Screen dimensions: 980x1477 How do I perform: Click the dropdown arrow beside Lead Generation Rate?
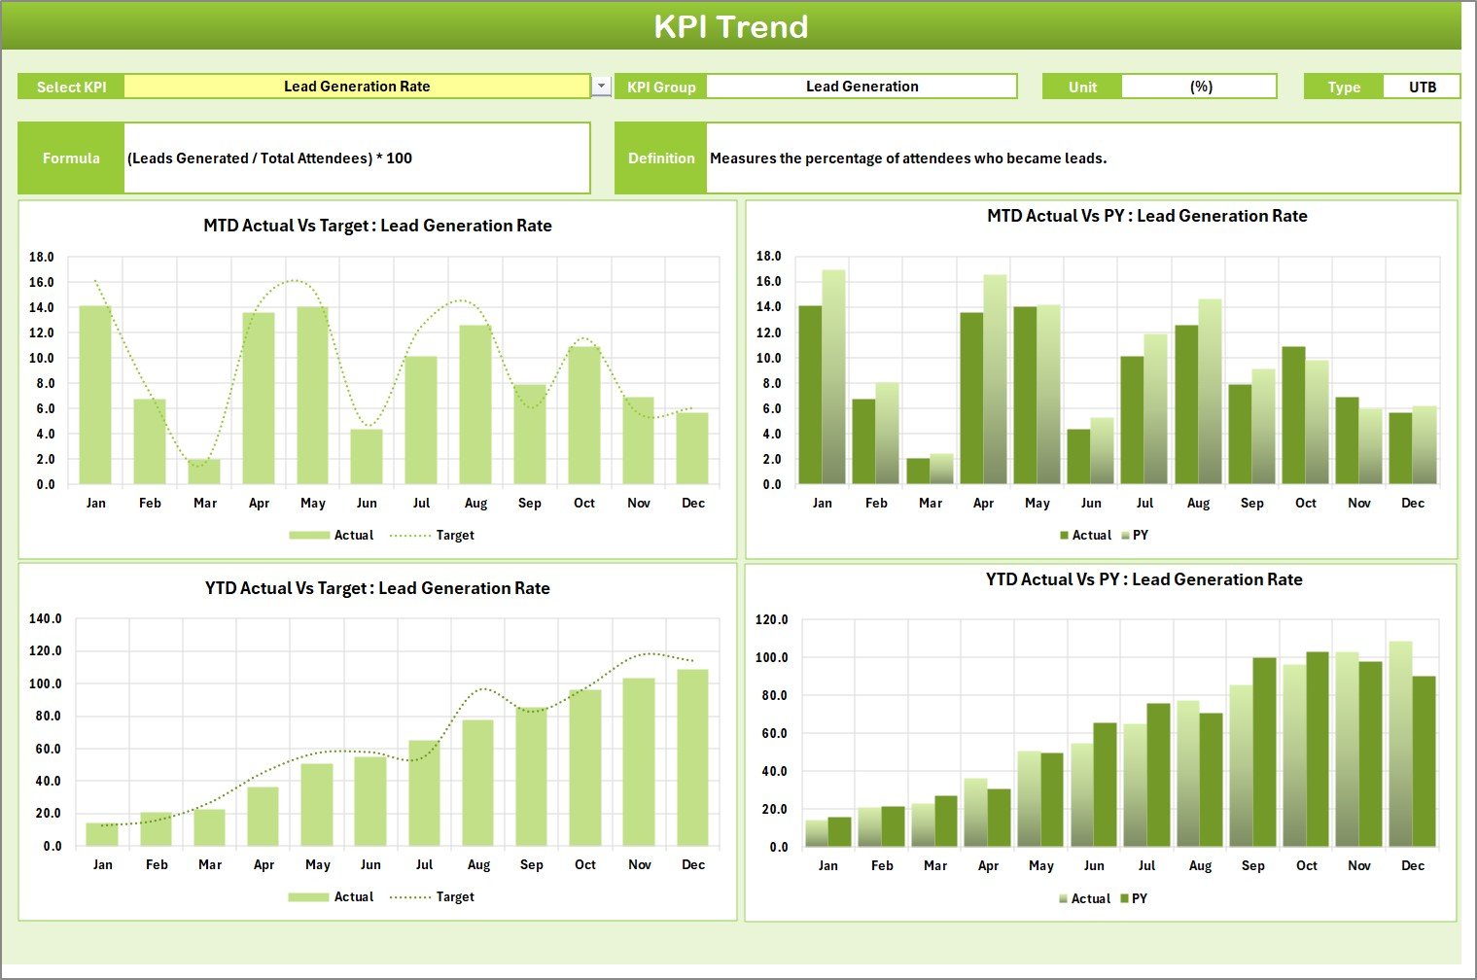click(602, 87)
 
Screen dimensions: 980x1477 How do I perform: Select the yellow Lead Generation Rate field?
click(357, 87)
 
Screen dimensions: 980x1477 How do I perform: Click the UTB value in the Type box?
click(1422, 87)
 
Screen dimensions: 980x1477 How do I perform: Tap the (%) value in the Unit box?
click(1200, 87)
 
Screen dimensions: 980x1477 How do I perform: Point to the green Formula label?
click(71, 158)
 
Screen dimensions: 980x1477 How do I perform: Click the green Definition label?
click(661, 158)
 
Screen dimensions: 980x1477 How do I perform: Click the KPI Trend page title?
click(730, 26)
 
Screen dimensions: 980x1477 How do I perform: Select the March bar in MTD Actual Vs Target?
click(204, 472)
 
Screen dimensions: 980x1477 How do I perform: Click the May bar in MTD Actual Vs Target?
click(312, 396)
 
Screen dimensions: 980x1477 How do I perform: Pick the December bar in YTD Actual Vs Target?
click(692, 757)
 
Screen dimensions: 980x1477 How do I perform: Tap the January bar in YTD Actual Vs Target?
click(102, 834)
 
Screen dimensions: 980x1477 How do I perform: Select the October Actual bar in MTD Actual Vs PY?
click(1293, 415)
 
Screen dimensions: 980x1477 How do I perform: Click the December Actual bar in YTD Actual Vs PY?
click(1400, 744)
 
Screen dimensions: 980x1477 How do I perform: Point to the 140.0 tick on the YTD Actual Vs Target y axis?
click(46, 619)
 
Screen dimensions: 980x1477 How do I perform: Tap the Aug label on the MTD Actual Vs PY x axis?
click(1198, 504)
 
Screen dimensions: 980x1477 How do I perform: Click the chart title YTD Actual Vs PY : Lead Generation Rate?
click(1143, 580)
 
